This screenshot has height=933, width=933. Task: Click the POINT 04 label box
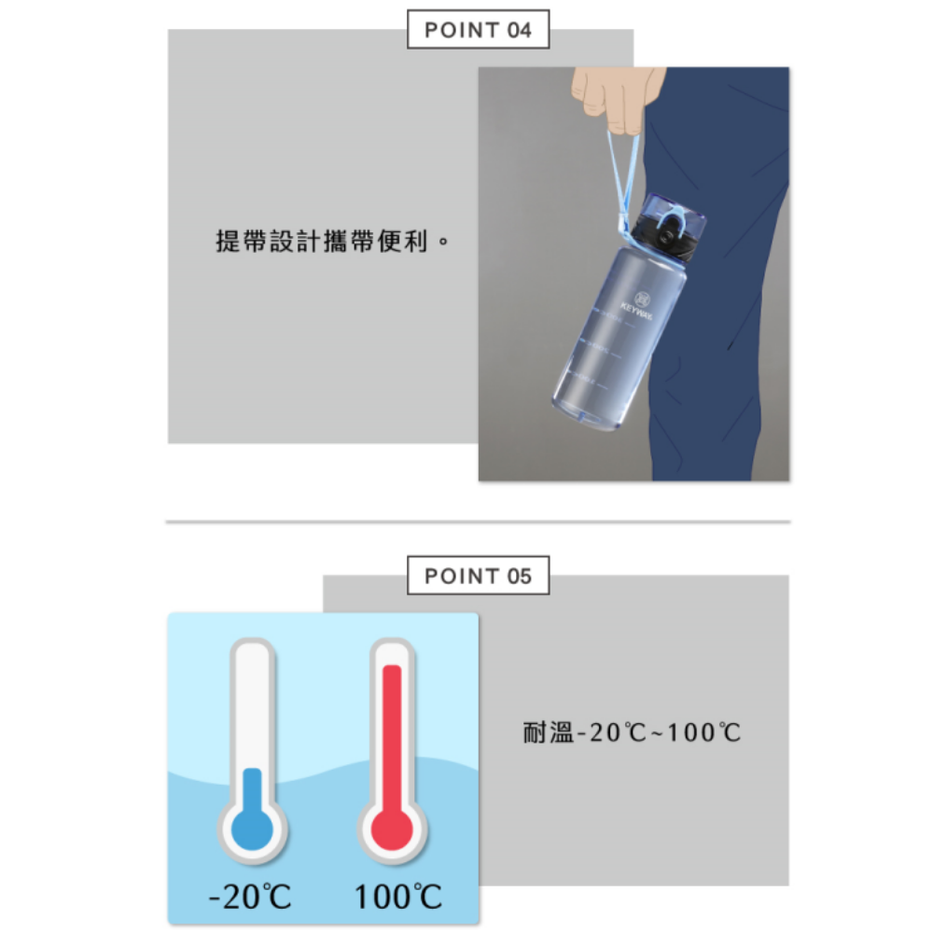[478, 30]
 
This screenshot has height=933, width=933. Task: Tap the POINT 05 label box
[478, 576]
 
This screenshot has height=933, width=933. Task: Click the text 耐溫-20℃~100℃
[632, 732]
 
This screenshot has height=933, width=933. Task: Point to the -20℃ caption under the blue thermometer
[250, 898]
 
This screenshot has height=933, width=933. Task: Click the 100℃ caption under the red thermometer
[398, 898]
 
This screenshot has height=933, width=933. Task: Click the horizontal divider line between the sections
[478, 522]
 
